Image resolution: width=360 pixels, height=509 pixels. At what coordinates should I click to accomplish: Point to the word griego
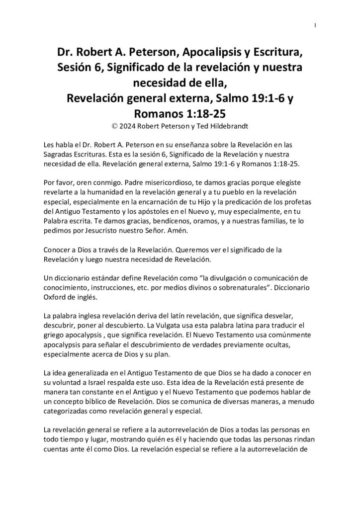pyautogui.click(x=55, y=335)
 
